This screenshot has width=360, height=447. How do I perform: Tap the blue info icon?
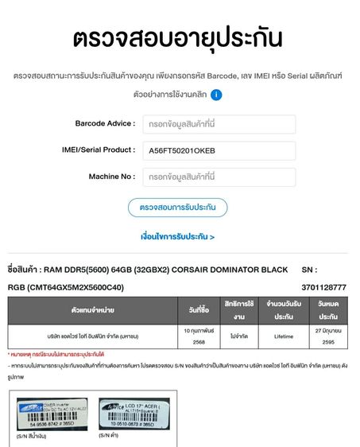pyautogui.click(x=216, y=95)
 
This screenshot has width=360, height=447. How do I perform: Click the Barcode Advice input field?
pyautogui.click(x=219, y=124)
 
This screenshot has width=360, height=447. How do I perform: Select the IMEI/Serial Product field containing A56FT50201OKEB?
pyautogui.click(x=219, y=150)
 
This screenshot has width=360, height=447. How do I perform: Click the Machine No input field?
pyautogui.click(x=219, y=177)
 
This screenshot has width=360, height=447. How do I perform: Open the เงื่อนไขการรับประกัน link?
pyautogui.click(x=177, y=236)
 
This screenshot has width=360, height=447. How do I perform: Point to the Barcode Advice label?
pyautogui.click(x=105, y=124)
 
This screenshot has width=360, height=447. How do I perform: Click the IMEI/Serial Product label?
pyautogui.click(x=98, y=150)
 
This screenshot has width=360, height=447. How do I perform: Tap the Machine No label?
pyautogui.click(x=111, y=177)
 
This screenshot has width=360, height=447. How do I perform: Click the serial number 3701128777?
pyautogui.click(x=323, y=287)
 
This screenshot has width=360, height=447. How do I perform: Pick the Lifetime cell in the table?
pyautogui.click(x=284, y=336)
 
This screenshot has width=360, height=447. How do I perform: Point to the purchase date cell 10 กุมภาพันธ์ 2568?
pyautogui.click(x=199, y=336)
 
